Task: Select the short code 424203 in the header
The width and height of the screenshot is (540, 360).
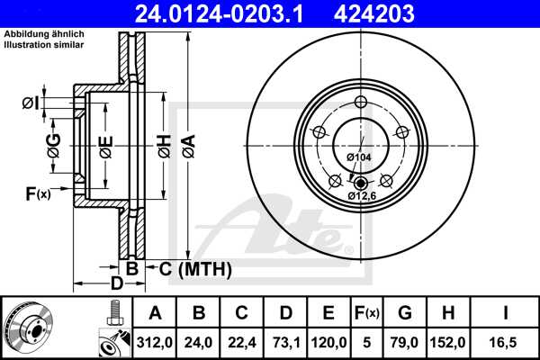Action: [412, 13]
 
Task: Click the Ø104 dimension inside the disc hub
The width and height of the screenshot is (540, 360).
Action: [359, 157]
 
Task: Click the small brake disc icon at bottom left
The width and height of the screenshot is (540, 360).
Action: [27, 326]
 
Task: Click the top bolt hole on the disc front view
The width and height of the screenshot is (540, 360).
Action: [360, 101]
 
